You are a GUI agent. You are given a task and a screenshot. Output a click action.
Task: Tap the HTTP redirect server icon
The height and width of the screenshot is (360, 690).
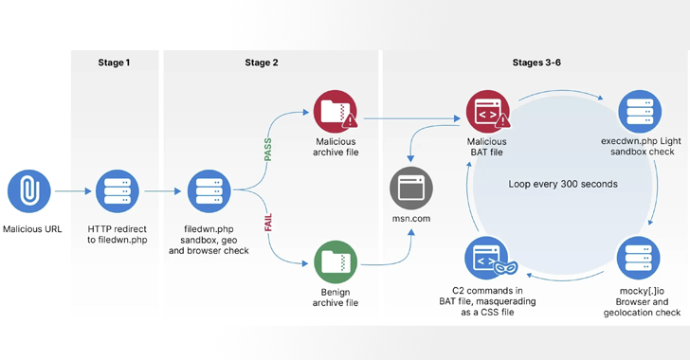pos(118,189)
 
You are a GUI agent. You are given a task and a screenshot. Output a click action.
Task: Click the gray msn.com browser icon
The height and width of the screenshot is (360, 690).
pos(411,188)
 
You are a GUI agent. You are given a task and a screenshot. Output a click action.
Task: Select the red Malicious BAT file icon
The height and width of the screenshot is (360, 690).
pos(487,113)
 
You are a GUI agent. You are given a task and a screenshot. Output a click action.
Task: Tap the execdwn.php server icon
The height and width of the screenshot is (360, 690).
pos(639,113)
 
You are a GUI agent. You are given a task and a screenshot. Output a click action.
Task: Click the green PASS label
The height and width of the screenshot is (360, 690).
pos(268,150)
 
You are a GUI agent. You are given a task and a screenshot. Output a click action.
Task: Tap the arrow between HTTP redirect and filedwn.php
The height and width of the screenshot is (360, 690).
pos(162,190)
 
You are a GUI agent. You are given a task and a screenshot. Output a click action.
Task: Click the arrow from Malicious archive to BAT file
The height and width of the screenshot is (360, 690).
pos(408,119)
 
